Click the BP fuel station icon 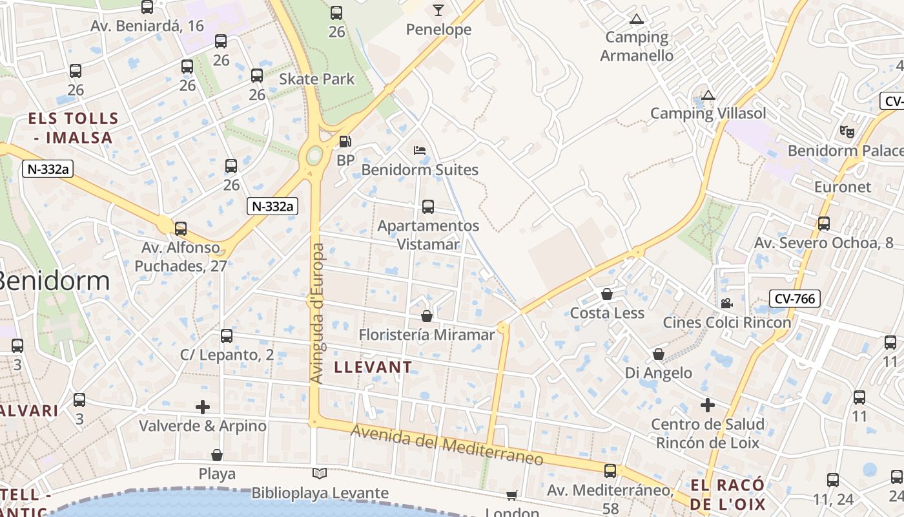coord(345,141)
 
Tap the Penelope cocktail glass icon coord(438,10)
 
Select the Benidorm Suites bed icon coord(420,151)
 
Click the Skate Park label coord(316,79)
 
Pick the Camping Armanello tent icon coord(637,19)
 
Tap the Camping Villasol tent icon coord(708,96)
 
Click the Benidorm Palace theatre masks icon coord(847,131)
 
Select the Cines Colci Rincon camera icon coord(726,303)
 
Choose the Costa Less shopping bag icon coord(607,295)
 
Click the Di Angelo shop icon coord(659,354)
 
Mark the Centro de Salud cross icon coord(708,405)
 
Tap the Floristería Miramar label coord(427,335)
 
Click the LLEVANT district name coord(373,367)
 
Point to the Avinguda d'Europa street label coord(316,313)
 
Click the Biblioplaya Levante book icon coord(320,474)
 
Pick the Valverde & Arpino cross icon coord(203,406)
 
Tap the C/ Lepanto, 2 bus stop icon coord(227,336)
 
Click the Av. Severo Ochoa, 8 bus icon coord(824,224)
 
